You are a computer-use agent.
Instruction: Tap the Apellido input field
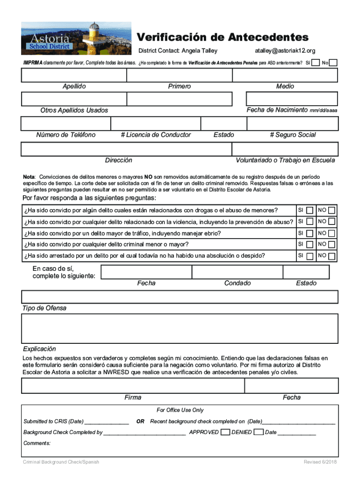click(x=73, y=75)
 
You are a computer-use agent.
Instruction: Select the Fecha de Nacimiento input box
click(x=292, y=99)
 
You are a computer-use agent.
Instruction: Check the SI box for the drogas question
click(x=310, y=210)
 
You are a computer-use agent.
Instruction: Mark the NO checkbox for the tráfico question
click(x=331, y=233)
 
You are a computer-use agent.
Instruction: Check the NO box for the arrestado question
click(x=331, y=256)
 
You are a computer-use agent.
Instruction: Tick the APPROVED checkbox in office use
click(x=225, y=432)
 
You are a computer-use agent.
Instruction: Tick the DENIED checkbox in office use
click(x=259, y=432)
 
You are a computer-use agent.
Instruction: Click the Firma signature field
click(x=132, y=385)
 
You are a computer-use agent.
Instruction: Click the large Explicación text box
click(x=180, y=328)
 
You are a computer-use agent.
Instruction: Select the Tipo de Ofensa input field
click(x=180, y=297)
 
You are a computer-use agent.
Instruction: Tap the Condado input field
click(x=237, y=272)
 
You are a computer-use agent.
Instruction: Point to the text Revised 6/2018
click(x=320, y=462)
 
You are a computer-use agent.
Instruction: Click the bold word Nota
click(x=29, y=177)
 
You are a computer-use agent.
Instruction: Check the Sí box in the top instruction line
click(x=316, y=63)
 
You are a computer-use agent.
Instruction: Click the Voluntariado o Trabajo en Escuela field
click(x=285, y=149)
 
